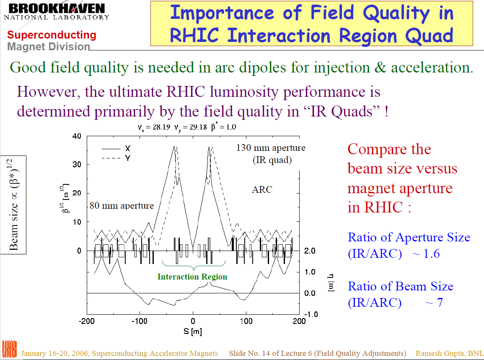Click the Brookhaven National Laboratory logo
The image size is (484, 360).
[57, 11]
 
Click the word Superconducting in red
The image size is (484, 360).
[52, 35]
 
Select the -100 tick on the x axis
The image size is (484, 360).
[140, 322]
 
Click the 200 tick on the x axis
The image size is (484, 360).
[299, 322]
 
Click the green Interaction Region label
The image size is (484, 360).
[192, 277]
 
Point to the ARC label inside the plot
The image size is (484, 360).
[262, 190]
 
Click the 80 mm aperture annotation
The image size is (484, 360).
[122, 205]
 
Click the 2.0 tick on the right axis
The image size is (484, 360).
[310, 251]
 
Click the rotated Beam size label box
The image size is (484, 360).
[13, 205]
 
